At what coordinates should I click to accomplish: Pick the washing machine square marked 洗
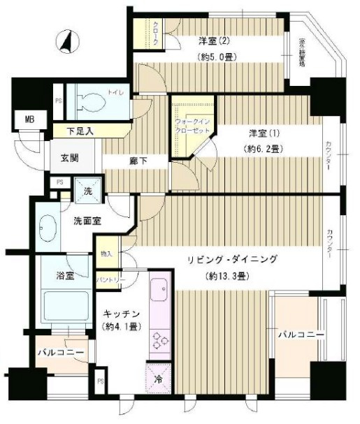[x=89, y=191]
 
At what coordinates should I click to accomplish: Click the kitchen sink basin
[x=159, y=288]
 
